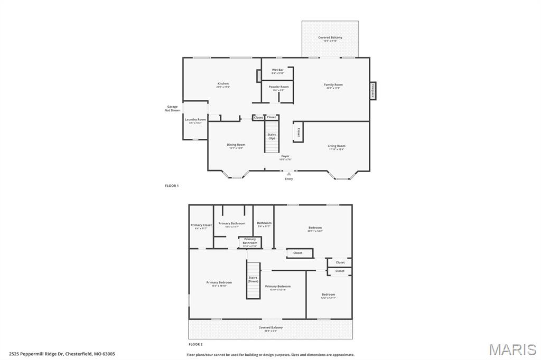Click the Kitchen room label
[x=223, y=85]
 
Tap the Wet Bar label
[x=277, y=71]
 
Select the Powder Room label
[x=278, y=88]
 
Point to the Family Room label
[x=333, y=86]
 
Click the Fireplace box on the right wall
[x=372, y=91]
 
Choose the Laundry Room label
[x=195, y=121]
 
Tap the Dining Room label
[x=236, y=146]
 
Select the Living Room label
[x=336, y=147]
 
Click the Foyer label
[x=285, y=157]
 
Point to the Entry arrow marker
[x=289, y=174]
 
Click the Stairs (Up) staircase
[x=272, y=137]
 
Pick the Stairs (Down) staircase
[x=253, y=280]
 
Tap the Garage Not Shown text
[x=172, y=108]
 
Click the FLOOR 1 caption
[x=172, y=186]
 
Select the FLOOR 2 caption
[x=195, y=344]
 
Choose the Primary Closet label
[x=201, y=226]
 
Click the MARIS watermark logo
[x=512, y=349]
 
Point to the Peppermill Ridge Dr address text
[x=62, y=354]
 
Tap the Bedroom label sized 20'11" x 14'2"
[x=315, y=229]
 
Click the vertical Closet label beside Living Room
[x=299, y=132]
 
